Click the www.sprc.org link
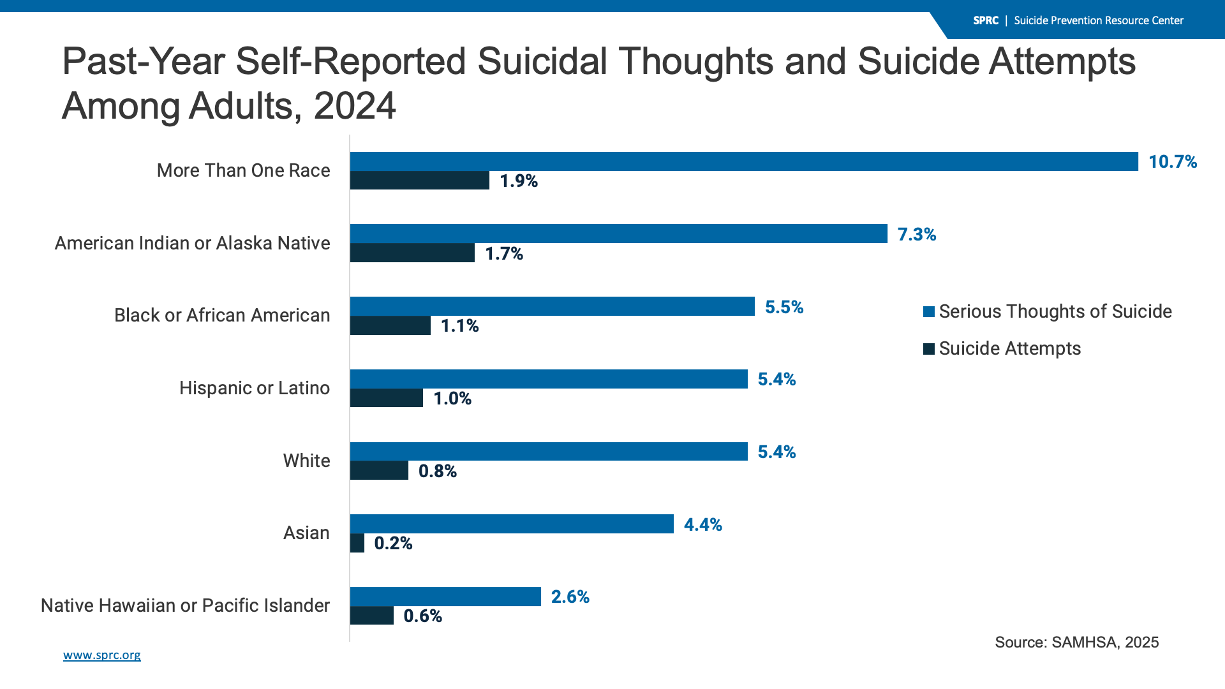click(102, 655)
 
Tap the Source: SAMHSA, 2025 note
click(1076, 642)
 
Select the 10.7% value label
click(1173, 162)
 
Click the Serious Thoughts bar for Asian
click(512, 524)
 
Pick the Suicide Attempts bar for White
click(379, 471)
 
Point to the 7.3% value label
click(917, 235)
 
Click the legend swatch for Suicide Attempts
click(929, 349)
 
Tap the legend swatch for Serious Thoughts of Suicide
click(929, 312)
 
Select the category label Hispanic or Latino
click(255, 388)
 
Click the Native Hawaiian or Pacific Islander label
click(185, 605)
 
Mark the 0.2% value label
click(393, 544)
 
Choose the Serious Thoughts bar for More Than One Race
click(744, 161)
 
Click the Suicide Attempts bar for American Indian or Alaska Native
click(412, 253)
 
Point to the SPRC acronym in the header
click(986, 20)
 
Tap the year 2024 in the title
click(355, 106)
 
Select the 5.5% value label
click(784, 307)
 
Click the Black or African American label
click(222, 315)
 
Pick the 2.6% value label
click(570, 597)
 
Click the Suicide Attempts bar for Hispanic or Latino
click(387, 398)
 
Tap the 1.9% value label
click(519, 181)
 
